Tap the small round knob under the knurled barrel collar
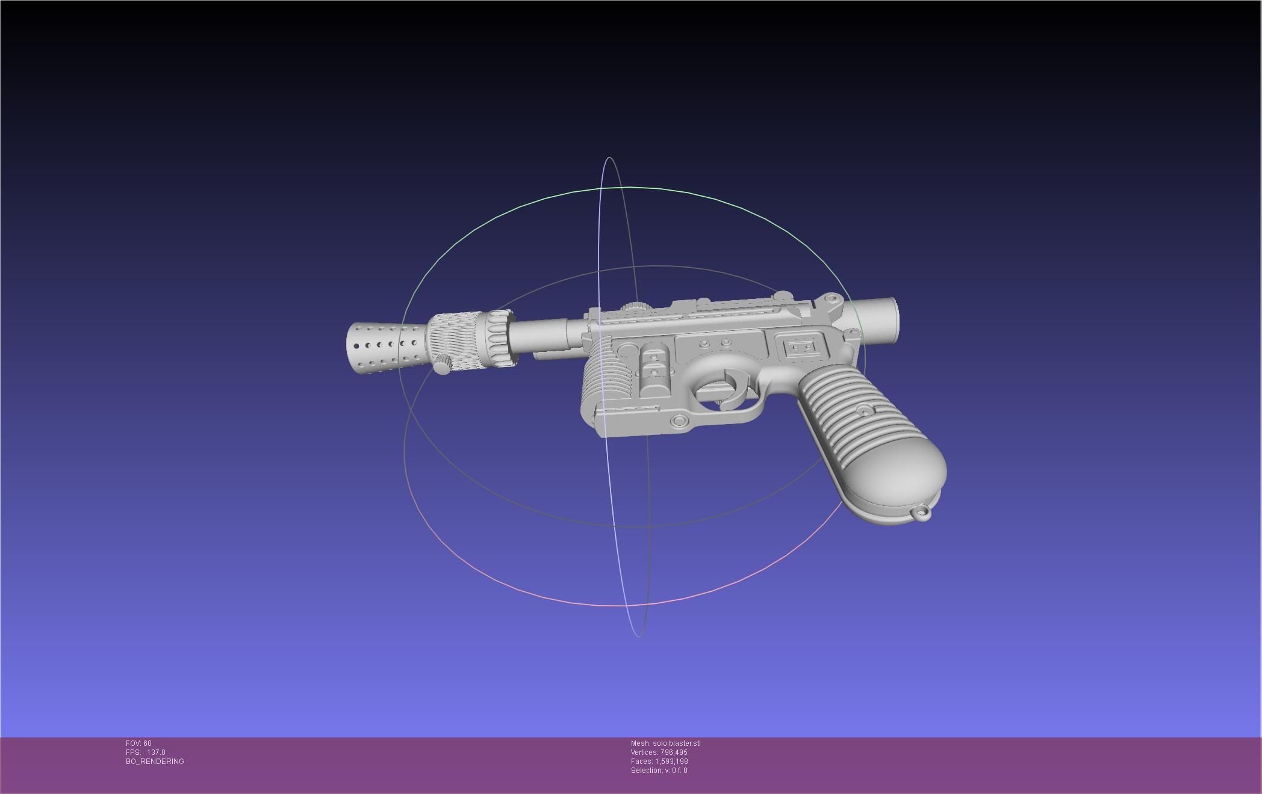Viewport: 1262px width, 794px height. click(x=443, y=365)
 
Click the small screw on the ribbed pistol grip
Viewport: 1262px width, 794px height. click(x=865, y=412)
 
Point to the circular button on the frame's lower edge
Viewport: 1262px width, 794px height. click(x=679, y=420)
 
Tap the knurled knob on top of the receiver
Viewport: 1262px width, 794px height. click(x=632, y=306)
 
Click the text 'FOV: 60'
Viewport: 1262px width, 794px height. click(x=138, y=743)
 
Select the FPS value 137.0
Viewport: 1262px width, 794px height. click(x=156, y=752)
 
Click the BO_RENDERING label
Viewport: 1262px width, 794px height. click(x=155, y=762)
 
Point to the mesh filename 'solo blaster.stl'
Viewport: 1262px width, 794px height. click(x=676, y=743)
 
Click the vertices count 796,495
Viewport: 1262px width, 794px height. click(x=673, y=752)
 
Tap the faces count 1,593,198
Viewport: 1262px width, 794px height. click(x=671, y=762)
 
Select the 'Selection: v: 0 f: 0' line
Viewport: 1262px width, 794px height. click(x=659, y=771)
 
